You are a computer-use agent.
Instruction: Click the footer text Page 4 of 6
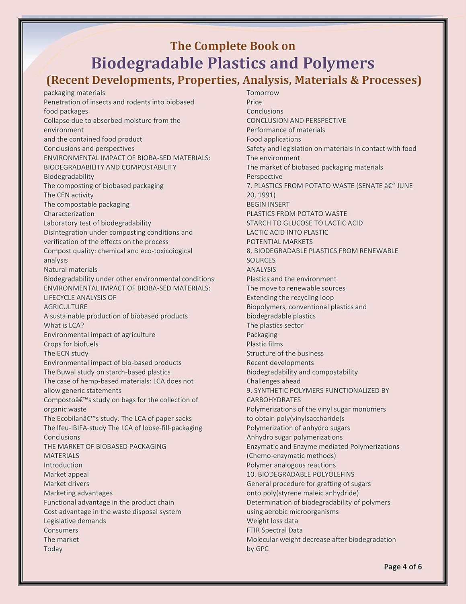402,567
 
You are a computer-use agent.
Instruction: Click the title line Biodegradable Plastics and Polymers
232,63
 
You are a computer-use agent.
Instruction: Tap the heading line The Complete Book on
232,46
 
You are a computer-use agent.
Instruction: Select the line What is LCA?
64,325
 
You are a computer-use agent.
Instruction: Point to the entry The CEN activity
68,195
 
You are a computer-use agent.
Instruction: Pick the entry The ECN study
66,353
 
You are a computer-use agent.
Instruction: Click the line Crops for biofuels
71,344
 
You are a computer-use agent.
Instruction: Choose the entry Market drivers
66,484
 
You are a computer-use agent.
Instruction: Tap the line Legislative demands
75,521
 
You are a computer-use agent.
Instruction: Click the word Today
53,549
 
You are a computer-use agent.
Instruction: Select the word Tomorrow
263,93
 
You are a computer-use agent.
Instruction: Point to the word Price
254,102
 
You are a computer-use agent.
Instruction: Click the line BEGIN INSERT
268,204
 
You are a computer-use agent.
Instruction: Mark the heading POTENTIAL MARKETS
279,242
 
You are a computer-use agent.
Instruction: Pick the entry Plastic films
265,344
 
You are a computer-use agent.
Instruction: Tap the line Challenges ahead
273,381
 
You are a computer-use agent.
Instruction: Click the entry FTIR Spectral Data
274,530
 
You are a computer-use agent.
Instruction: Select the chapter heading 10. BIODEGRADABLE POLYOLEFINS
300,474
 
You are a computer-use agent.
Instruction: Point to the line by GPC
257,549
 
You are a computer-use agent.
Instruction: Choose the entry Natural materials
70,269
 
